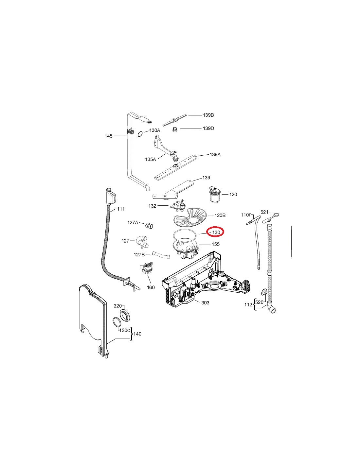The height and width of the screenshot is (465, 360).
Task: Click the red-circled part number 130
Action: pos(216,232)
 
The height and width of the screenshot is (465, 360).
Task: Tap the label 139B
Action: pos(208,115)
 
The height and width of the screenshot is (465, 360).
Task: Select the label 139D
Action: pos(208,129)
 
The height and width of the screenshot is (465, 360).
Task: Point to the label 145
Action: pos(108,136)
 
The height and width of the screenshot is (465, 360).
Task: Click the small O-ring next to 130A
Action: pos(140,133)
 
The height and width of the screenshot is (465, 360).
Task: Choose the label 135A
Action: pos(151,159)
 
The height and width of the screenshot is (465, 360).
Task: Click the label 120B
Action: pos(220,215)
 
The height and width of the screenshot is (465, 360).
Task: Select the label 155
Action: pos(215,244)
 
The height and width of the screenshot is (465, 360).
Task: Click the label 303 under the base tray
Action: pos(205,303)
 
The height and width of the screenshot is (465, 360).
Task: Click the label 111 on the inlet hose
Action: pos(121,209)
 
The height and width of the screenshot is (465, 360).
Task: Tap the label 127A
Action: pos(133,222)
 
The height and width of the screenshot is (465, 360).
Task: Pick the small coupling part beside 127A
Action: pos(150,226)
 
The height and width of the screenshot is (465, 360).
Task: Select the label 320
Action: pos(117,306)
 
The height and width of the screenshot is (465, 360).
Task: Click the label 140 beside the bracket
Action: pos(138,334)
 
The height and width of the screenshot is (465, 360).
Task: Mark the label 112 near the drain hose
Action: pos(248,305)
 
